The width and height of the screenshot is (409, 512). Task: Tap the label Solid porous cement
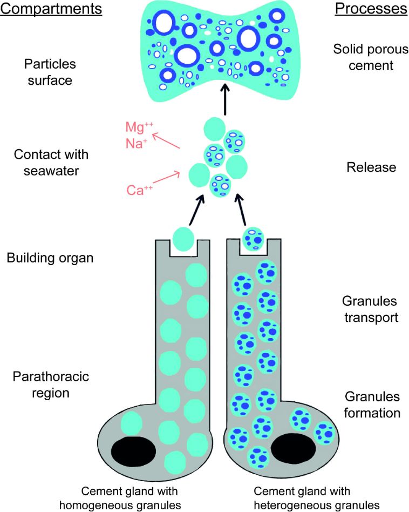click(x=364, y=58)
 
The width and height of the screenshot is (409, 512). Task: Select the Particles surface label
click(x=50, y=72)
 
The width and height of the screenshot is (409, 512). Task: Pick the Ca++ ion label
click(x=139, y=190)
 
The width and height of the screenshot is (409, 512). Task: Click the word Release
click(x=371, y=167)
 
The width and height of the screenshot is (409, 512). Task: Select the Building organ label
click(x=50, y=258)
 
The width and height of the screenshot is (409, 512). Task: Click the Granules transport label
click(x=370, y=309)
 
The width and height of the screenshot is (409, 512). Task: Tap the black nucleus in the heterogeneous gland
click(x=294, y=448)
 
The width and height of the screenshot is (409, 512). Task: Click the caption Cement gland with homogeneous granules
click(x=129, y=497)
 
